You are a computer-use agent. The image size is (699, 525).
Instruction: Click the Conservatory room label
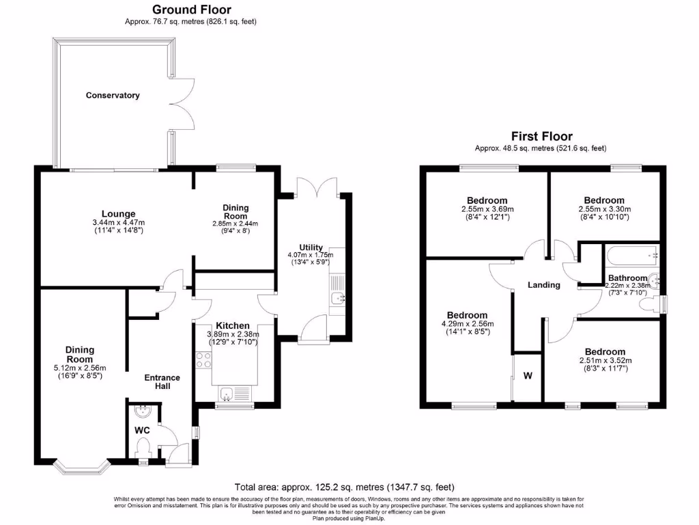[113, 96]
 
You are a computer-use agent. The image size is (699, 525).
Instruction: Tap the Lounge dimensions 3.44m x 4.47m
[118, 222]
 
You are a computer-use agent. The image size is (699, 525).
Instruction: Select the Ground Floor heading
[191, 10]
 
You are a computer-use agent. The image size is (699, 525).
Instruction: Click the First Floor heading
[541, 137]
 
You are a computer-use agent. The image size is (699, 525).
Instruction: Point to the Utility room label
[311, 247]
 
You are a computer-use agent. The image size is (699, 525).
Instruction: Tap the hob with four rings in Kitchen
[203, 359]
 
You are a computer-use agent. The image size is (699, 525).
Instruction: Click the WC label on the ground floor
[142, 431]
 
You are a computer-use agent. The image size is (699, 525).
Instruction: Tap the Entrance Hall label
[162, 381]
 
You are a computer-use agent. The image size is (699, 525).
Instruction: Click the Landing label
[544, 285]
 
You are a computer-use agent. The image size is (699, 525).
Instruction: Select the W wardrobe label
[528, 375]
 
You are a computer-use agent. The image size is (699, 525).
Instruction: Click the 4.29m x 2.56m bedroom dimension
[468, 324]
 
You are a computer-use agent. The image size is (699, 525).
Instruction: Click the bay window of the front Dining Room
[82, 469]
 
